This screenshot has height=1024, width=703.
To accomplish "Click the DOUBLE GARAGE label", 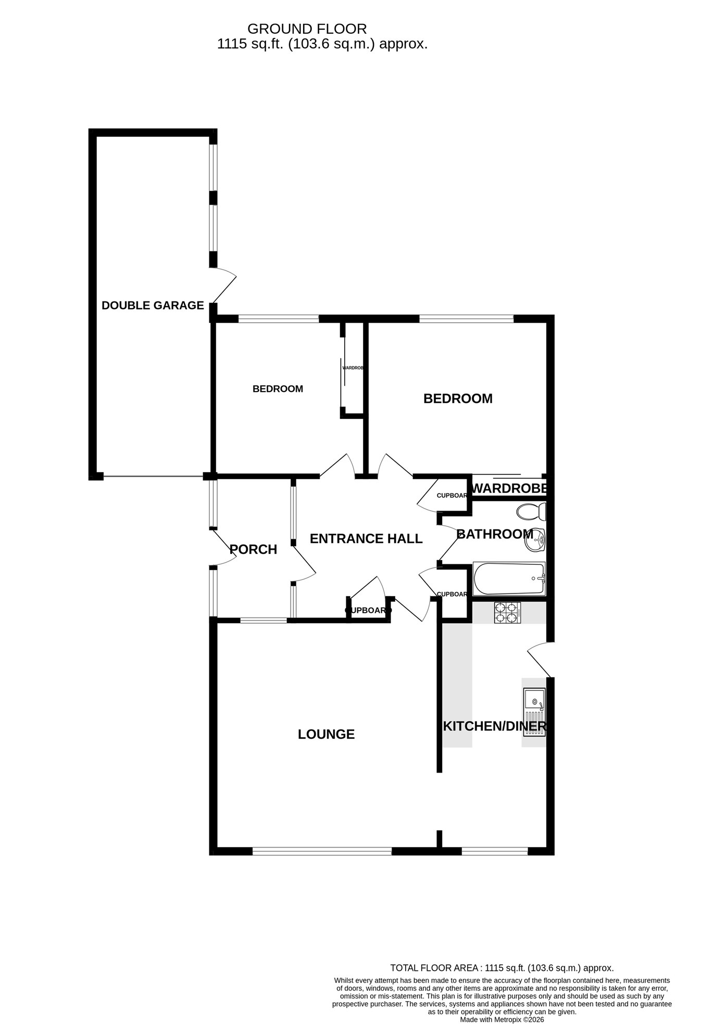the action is pyautogui.click(x=153, y=306).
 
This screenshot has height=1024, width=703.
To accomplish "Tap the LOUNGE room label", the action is pyautogui.click(x=326, y=734).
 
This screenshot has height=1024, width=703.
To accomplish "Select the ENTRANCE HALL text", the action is pyautogui.click(x=366, y=538).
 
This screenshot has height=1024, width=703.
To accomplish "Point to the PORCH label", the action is pyautogui.click(x=253, y=549).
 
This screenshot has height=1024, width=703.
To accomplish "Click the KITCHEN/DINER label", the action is pyautogui.click(x=494, y=726).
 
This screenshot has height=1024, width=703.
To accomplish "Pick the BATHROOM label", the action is pyautogui.click(x=495, y=534).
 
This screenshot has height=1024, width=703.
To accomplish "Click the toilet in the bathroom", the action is pyautogui.click(x=531, y=511).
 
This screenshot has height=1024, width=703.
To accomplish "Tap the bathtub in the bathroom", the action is pyautogui.click(x=509, y=578).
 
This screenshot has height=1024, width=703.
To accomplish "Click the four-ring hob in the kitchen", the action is pyautogui.click(x=507, y=613).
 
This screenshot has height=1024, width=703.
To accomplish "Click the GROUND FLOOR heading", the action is pyautogui.click(x=307, y=29).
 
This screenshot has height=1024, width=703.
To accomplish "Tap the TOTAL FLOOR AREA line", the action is pyautogui.click(x=502, y=968).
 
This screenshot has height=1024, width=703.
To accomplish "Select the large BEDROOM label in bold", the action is pyautogui.click(x=458, y=399).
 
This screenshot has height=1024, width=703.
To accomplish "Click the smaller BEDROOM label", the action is pyautogui.click(x=278, y=389).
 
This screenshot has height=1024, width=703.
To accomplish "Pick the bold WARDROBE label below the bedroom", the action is pyautogui.click(x=509, y=488).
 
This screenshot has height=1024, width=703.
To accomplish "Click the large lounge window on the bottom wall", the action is pyautogui.click(x=322, y=851).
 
